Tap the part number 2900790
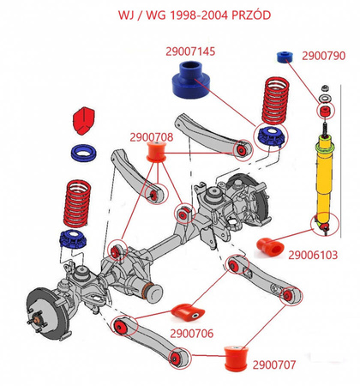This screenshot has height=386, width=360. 321,57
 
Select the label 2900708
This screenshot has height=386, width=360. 152,136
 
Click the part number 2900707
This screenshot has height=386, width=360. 273,365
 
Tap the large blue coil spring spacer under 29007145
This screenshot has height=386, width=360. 190,81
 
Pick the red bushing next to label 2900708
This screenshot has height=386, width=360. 158,153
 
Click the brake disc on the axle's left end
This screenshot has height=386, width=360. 39,309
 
